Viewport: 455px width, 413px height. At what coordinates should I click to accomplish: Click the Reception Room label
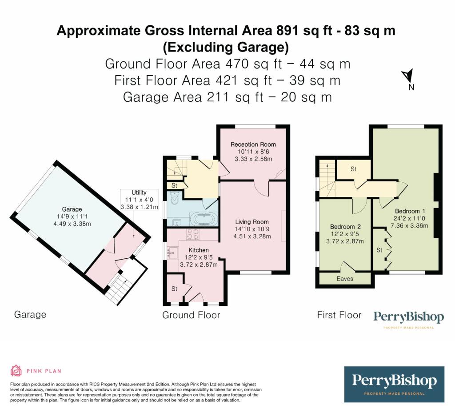pyautogui.click(x=253, y=144)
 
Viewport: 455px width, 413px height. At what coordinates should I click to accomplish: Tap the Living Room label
pyautogui.click(x=252, y=222)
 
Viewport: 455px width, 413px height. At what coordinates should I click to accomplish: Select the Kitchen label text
pyautogui.click(x=199, y=250)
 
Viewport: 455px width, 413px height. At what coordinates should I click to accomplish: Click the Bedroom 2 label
pyautogui.click(x=345, y=227)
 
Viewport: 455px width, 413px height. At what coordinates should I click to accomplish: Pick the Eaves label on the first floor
pyautogui.click(x=345, y=279)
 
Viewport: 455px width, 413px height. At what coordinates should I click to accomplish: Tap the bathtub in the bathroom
pyautogui.click(x=204, y=218)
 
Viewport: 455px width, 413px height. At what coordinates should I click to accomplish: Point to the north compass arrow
pyautogui.click(x=408, y=76)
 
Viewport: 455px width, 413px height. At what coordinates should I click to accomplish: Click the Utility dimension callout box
pyautogui.click(x=139, y=200)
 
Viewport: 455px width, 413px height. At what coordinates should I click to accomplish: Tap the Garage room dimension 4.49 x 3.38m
pyautogui.click(x=72, y=224)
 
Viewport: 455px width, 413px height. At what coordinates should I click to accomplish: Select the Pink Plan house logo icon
pyautogui.click(x=16, y=371)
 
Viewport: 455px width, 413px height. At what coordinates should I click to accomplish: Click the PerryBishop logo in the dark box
pyautogui.click(x=394, y=384)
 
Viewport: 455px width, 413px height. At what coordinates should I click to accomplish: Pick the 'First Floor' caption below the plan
pyautogui.click(x=339, y=315)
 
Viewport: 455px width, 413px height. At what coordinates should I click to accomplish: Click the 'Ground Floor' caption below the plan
pyautogui.click(x=191, y=315)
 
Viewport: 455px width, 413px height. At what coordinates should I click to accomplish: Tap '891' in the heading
pyautogui.click(x=287, y=31)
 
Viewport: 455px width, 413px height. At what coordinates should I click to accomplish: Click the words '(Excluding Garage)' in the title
pyautogui.click(x=226, y=47)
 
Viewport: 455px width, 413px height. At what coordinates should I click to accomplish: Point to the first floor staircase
pyautogui.click(x=327, y=179)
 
